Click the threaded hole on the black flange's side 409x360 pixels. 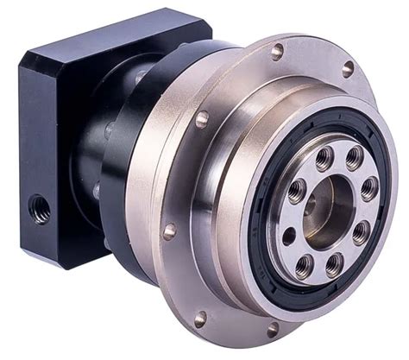[39, 207]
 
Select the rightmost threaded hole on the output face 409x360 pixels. [368, 189]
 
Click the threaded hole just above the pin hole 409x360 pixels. [296, 192]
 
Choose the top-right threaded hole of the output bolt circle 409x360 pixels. [354, 158]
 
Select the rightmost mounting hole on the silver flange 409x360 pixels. [348, 68]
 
